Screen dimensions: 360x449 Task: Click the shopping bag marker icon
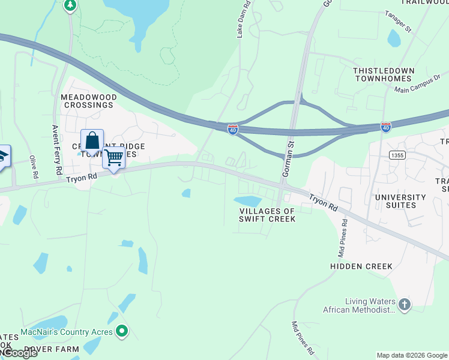click(x=92, y=142)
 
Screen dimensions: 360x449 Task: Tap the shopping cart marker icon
click(x=113, y=158)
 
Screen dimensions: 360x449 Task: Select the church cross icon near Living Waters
click(x=405, y=305)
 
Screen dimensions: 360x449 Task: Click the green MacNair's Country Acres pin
click(x=122, y=331)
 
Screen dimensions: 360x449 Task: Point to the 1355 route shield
click(x=394, y=154)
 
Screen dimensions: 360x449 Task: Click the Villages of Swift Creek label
click(x=267, y=215)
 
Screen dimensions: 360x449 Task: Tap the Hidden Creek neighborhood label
click(x=361, y=266)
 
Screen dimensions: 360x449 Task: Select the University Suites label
click(x=400, y=201)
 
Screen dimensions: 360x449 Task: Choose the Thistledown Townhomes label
click(x=384, y=74)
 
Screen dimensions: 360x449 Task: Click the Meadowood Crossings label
click(x=87, y=100)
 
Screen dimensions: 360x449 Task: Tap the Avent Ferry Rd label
click(x=58, y=149)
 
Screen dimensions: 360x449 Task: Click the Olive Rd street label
click(x=33, y=167)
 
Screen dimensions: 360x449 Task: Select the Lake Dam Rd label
click(x=240, y=23)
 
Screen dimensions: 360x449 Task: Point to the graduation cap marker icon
click(x=3, y=158)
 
